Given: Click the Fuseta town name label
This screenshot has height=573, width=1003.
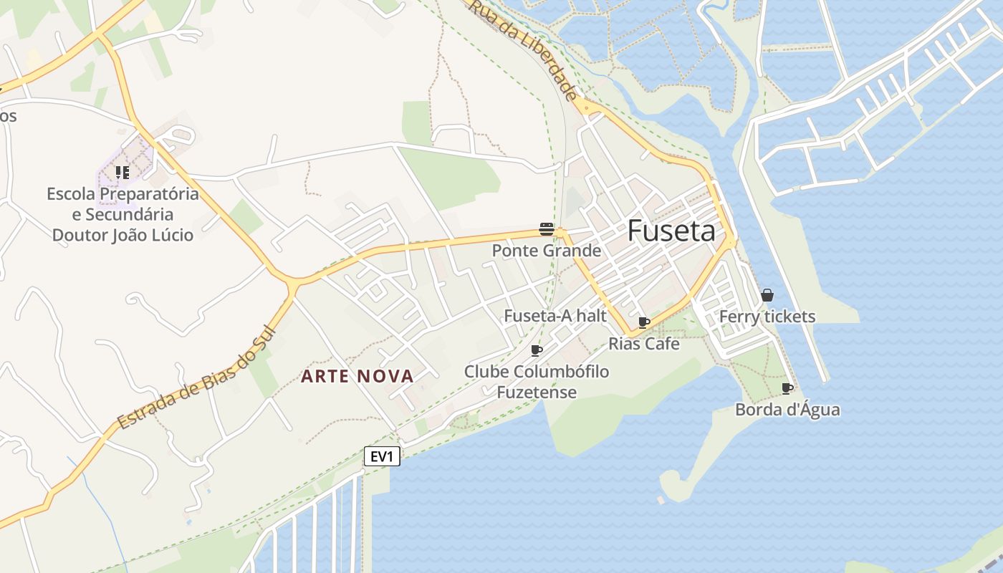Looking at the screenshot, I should pos(671,231).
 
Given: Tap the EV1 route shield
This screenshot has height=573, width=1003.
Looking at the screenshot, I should pos(382,456).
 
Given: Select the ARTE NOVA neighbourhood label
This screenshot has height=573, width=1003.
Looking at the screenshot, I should pos(357,376).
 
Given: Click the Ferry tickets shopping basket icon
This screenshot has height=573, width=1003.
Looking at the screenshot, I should pos(767,295).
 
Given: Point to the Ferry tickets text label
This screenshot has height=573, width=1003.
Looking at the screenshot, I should pos(767,317).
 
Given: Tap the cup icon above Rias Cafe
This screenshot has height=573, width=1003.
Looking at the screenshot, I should pos(643,323).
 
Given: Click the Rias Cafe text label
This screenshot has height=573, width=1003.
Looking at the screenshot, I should pos(644,344).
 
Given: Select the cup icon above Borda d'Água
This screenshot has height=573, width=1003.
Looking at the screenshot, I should pos(787,389).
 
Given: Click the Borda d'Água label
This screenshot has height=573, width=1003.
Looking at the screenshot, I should pos(787,410).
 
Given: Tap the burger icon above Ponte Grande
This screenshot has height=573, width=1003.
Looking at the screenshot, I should pos(547,229).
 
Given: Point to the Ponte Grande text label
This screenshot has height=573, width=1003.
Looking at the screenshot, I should pos(547,251).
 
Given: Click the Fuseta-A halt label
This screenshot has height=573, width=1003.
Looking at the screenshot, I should pos(555,316).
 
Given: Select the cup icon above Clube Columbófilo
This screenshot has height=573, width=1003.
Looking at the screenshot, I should pos(536,350).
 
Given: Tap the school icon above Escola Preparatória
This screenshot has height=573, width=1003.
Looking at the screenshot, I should pos(123,173).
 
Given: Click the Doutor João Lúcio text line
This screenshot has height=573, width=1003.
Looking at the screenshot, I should pos(123,235).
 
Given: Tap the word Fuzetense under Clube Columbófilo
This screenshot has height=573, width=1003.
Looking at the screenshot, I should pos(537,393).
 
